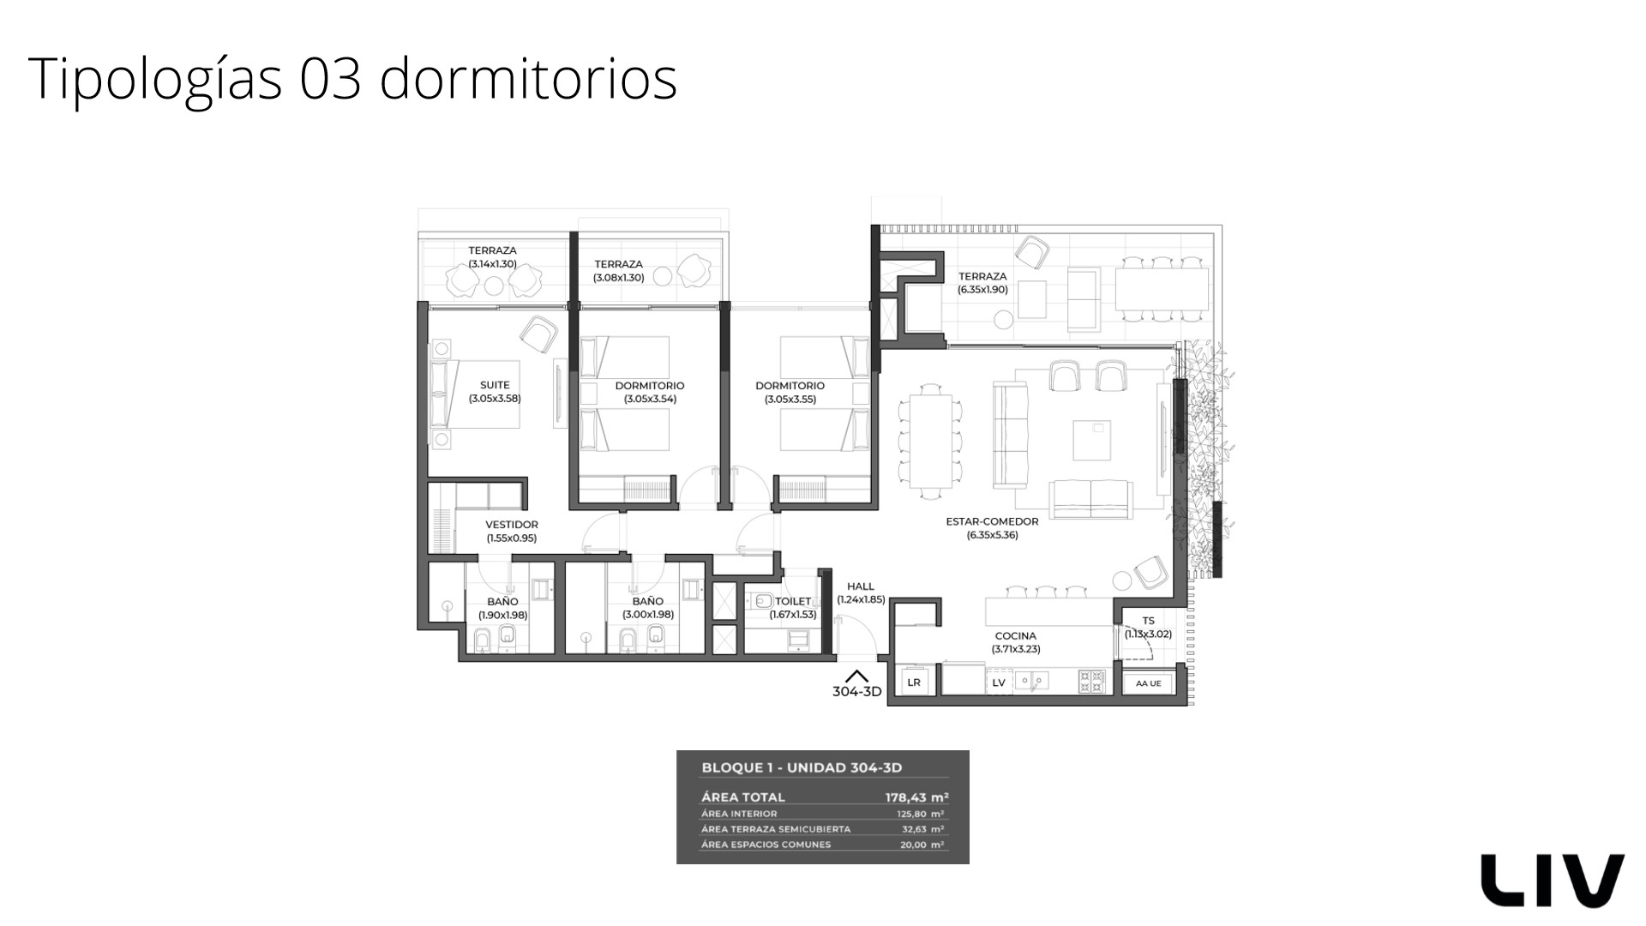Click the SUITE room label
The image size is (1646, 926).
(x=495, y=386)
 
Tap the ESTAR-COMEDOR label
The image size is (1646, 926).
(x=992, y=521)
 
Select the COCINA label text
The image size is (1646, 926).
(x=1016, y=636)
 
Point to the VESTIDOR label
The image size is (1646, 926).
(x=512, y=525)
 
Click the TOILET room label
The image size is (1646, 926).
(x=793, y=602)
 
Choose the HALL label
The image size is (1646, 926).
(x=861, y=586)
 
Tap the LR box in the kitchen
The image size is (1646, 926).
(x=914, y=682)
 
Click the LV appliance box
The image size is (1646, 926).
(x=999, y=682)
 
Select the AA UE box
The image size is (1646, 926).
(x=1148, y=683)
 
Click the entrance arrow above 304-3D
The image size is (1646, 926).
(x=856, y=676)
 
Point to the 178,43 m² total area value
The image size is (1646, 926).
(x=916, y=797)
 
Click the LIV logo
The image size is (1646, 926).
(x=1553, y=880)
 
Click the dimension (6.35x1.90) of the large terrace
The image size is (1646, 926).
(x=982, y=290)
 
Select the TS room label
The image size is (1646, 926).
(x=1148, y=621)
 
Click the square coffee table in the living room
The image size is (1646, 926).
(x=1092, y=440)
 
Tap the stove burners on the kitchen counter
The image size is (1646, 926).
(x=1092, y=682)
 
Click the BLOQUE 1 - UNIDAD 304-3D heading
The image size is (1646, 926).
(x=802, y=768)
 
